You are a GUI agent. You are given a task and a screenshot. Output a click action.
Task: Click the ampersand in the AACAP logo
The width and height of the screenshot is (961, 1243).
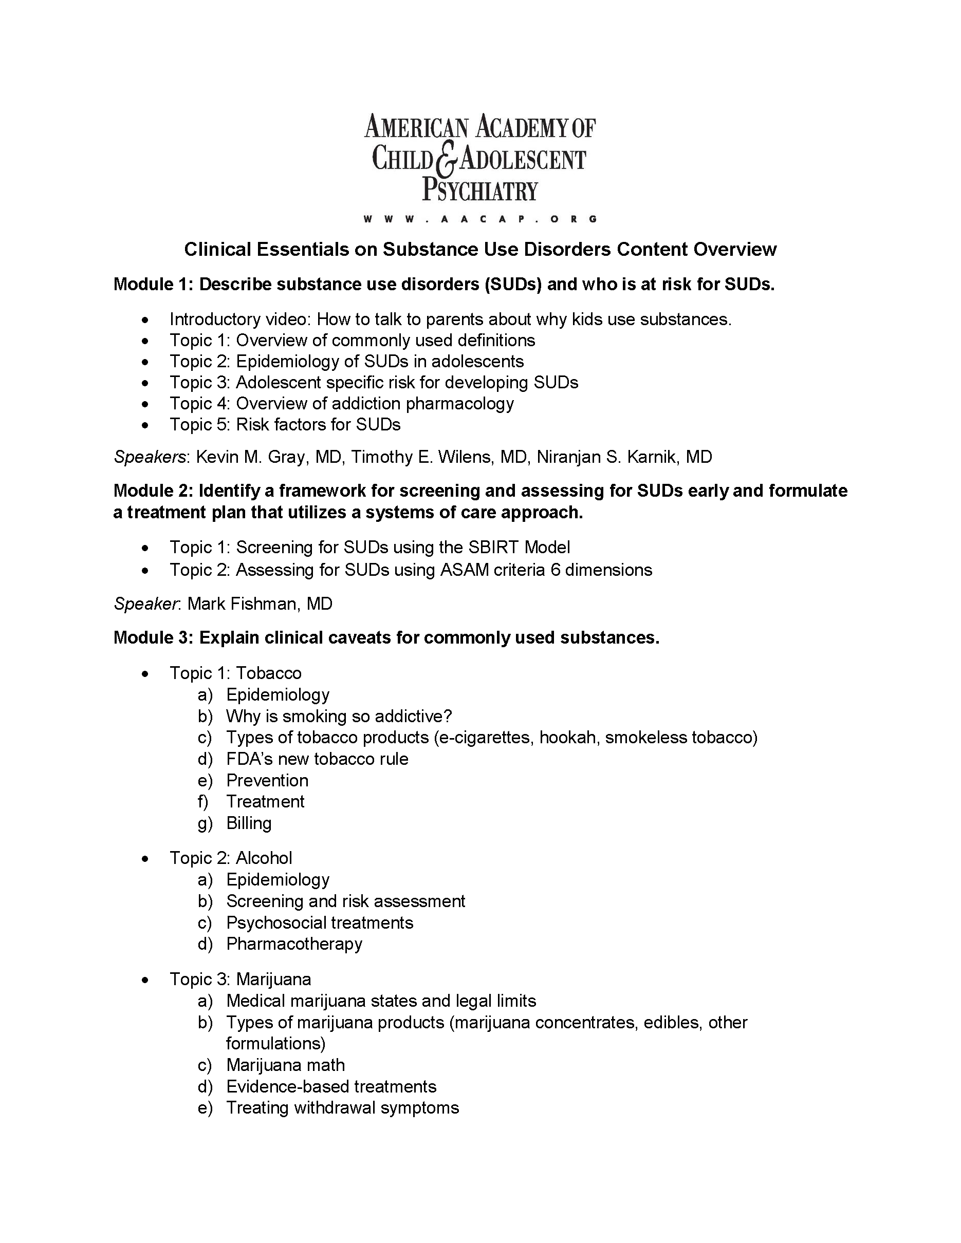(447, 160)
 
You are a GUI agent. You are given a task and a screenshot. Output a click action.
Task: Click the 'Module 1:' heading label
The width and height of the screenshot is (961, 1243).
(154, 284)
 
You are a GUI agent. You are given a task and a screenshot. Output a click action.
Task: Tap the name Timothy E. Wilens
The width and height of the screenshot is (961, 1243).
(422, 457)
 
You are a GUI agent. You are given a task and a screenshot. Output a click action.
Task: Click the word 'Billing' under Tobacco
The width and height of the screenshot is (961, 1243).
(249, 823)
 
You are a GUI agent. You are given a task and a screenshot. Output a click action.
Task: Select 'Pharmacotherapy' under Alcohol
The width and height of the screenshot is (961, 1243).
(294, 944)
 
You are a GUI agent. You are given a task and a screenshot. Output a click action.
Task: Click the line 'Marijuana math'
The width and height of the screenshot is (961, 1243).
(285, 1065)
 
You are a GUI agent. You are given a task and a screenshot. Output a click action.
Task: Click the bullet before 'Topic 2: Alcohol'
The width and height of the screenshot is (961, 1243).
(146, 859)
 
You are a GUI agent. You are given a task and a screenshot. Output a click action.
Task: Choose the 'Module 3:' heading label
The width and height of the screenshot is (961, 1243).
(154, 638)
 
